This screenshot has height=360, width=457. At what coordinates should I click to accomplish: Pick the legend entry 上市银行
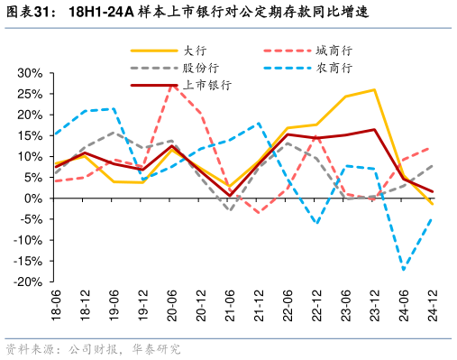[207, 85]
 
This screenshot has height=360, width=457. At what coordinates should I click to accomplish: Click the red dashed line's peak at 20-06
[171, 84]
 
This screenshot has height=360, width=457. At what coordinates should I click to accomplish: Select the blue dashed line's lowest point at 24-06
[404, 270]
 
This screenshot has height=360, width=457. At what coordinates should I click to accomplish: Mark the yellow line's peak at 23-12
[374, 89]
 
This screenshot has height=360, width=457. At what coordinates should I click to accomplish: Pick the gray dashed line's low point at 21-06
[229, 210]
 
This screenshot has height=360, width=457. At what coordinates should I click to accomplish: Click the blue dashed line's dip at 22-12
[316, 224]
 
